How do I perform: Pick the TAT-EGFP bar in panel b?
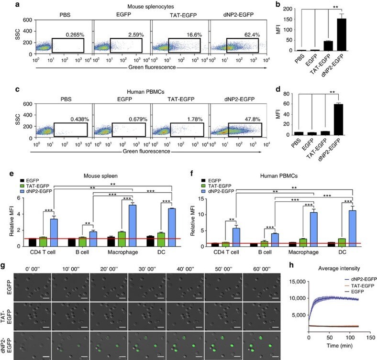(x=329, y=46)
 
